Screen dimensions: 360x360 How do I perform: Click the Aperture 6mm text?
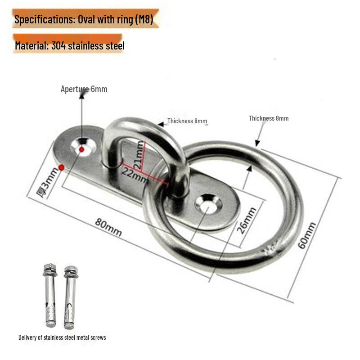(x=84, y=89)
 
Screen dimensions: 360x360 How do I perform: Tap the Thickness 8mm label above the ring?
(x=269, y=118)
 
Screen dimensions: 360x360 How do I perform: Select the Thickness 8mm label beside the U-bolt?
(x=187, y=121)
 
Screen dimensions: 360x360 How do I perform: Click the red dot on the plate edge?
(x=67, y=168)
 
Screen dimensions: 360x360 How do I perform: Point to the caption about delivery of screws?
(x=62, y=337)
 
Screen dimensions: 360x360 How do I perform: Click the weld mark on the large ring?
(x=271, y=248)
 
